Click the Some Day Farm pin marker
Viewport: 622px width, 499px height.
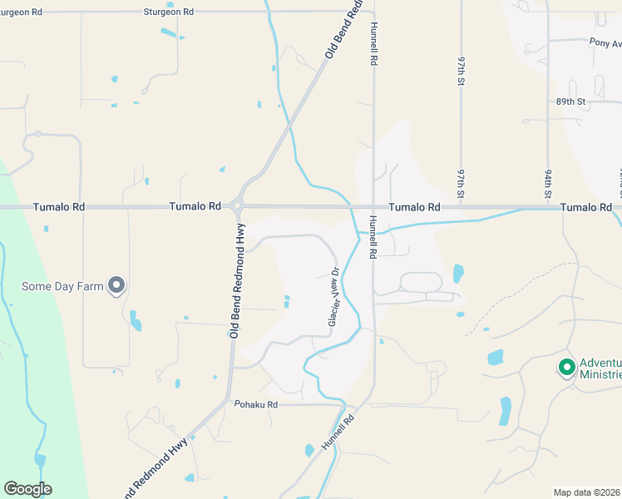point(116,286)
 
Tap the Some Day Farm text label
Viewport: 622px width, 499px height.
point(63,287)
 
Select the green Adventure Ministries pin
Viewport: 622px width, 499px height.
point(567,367)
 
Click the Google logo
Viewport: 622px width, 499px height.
point(27,489)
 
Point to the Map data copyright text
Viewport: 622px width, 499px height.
point(587,492)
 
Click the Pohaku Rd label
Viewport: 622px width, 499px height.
point(255,404)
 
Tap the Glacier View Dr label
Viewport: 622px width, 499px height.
point(334,296)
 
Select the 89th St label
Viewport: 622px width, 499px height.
point(571,101)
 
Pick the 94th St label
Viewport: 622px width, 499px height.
point(549,185)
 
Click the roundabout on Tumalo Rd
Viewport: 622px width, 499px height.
point(237,206)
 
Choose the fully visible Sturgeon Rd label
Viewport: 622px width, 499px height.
point(168,12)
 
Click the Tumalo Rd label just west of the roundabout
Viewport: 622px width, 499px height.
point(195,206)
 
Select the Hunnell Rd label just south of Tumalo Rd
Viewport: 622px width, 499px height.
point(373,236)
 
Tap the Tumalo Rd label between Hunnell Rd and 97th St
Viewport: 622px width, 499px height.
point(414,206)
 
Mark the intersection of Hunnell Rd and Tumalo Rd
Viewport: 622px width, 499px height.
point(373,206)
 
